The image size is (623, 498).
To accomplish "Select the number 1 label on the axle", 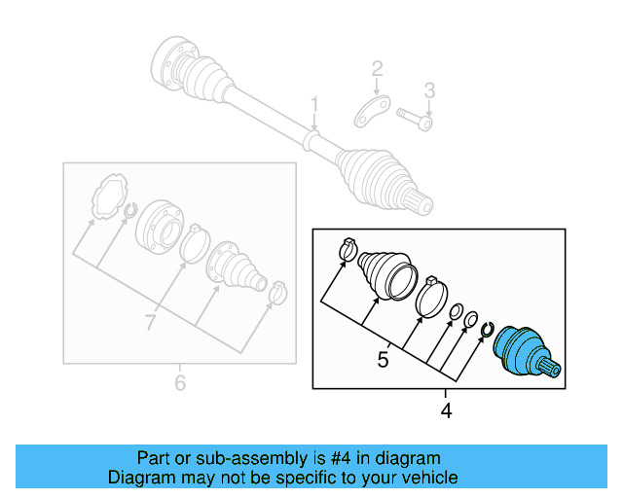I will click(x=314, y=104).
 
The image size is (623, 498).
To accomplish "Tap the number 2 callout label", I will click(x=377, y=69).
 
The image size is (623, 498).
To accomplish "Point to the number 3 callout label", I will click(x=428, y=91).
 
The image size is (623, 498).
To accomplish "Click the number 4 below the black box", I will click(x=446, y=411).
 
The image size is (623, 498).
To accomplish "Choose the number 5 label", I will click(x=383, y=360).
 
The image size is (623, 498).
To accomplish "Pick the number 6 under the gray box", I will click(x=179, y=384).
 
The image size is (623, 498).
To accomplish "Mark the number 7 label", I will click(x=150, y=322).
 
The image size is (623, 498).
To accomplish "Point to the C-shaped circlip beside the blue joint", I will click(x=488, y=333).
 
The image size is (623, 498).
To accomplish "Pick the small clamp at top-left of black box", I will click(x=346, y=250).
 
